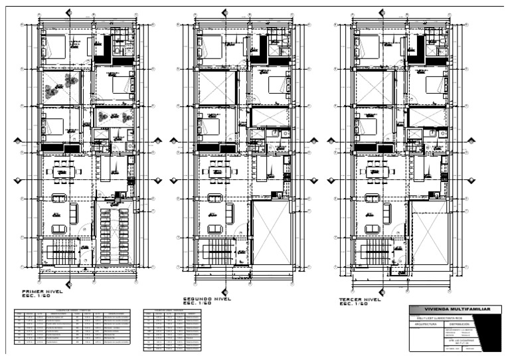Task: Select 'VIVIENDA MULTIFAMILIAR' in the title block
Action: click(x=452, y=310)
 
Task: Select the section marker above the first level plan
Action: click(x=69, y=13)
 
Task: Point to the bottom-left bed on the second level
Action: click(x=209, y=125)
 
